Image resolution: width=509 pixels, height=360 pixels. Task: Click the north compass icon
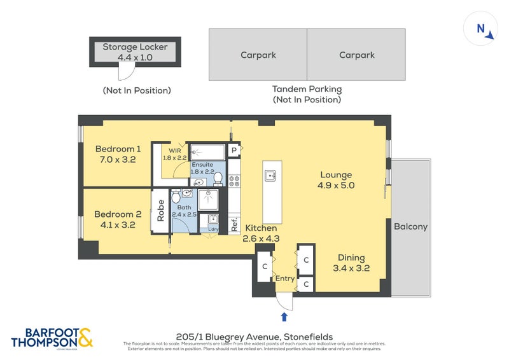(481, 29)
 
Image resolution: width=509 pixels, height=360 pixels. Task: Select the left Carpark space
(258, 55)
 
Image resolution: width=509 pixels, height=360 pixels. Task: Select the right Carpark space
(356, 55)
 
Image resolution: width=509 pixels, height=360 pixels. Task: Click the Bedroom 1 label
(116, 155)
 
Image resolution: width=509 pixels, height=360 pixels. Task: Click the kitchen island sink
(270, 176)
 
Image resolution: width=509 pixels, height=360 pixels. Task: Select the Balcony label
(410, 226)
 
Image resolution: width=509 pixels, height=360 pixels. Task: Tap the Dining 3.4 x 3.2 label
(351, 263)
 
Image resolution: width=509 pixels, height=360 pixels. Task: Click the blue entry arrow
(284, 316)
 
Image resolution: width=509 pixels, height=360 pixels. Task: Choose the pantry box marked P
(234, 150)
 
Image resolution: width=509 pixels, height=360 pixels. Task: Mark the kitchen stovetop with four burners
(234, 181)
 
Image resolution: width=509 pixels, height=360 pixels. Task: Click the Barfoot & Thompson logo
(52, 337)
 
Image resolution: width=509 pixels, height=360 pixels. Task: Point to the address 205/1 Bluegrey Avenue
(253, 336)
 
